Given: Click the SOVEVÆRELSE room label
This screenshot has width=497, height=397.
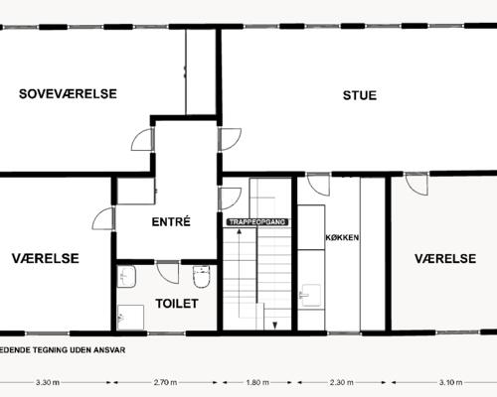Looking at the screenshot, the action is (68, 93).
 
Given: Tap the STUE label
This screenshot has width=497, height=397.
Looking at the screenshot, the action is (360, 95).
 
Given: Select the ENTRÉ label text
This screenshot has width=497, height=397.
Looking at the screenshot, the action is (171, 221).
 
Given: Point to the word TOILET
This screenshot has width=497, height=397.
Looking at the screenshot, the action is (177, 304).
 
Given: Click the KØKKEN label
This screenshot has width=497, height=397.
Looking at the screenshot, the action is (342, 237).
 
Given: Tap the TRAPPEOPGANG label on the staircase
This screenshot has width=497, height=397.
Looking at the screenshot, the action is (257, 222).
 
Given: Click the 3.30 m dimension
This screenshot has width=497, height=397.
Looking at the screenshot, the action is (48, 382).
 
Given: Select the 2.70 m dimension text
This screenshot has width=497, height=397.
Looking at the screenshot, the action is (165, 382).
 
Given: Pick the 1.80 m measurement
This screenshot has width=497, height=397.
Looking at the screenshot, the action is (257, 382).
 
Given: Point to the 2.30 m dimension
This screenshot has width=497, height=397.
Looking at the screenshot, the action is (341, 382).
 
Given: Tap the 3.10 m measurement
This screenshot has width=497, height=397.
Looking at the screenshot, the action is (450, 382).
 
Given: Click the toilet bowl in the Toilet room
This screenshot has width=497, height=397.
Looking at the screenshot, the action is (202, 276).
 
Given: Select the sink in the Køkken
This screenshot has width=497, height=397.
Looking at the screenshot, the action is (310, 296).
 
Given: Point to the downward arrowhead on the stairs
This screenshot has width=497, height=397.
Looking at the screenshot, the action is (274, 326).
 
